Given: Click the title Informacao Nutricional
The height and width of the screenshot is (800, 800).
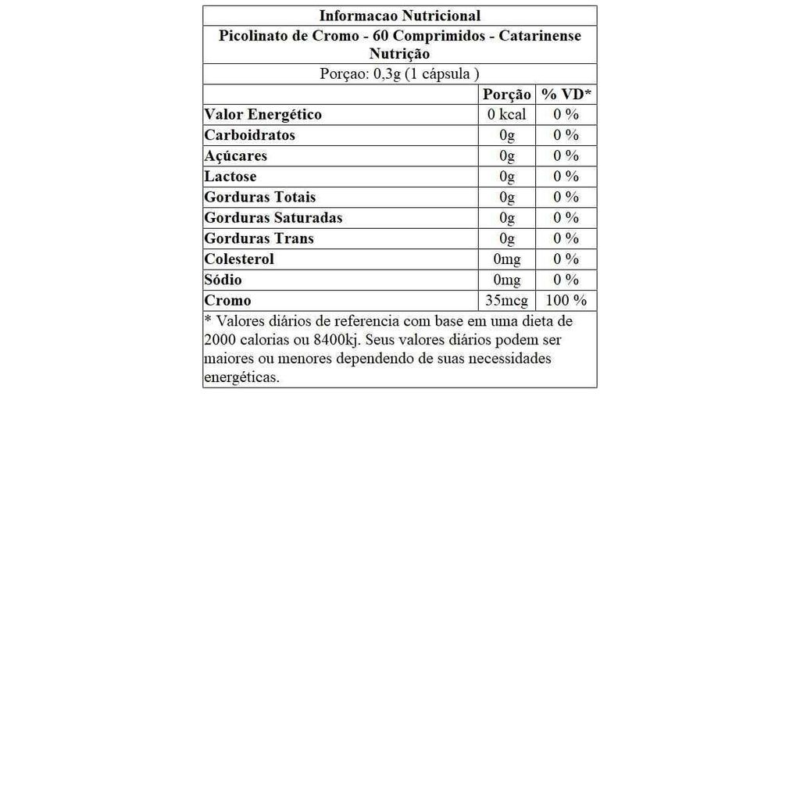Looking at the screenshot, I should [400, 16].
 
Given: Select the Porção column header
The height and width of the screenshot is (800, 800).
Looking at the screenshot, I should [507, 95].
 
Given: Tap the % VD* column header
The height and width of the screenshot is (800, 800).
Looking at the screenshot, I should [566, 95].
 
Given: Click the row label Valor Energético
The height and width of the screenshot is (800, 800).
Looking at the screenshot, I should [262, 115].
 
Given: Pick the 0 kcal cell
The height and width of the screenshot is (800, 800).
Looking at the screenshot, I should [507, 115].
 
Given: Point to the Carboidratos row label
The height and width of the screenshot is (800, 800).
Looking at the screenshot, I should [250, 135].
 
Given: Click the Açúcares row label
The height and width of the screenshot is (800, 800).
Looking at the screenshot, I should [236, 156].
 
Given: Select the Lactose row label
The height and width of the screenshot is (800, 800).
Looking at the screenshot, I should [230, 177].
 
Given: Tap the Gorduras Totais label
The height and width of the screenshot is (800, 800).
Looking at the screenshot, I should [260, 197].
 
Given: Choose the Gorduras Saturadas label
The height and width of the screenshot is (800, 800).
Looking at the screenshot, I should [273, 218].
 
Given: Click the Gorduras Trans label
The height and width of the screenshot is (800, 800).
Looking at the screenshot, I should [259, 238].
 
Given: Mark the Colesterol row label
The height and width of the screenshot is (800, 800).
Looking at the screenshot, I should [239, 259].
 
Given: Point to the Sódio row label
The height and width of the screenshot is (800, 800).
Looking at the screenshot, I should [223, 280].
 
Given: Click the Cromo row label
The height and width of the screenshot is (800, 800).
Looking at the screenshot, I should [227, 301].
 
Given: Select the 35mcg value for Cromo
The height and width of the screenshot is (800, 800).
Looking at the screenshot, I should [507, 301].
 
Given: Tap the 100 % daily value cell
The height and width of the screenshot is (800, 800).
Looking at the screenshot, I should [566, 301].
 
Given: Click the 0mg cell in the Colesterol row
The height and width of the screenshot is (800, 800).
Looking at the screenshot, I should [507, 259].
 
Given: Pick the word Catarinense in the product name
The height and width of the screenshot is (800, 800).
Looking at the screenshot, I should [540, 36].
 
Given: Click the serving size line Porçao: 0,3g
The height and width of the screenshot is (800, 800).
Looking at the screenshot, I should [400, 74].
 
